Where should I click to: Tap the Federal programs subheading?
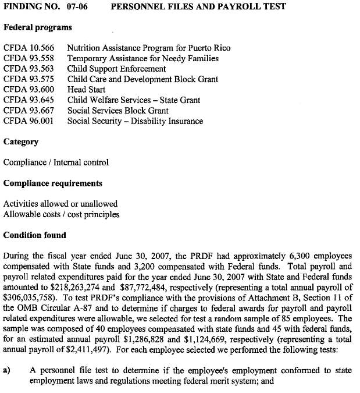click(x=38, y=27)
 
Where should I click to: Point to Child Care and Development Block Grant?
click(x=142, y=80)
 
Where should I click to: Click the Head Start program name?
click(x=86, y=90)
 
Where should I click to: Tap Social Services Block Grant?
click(x=117, y=111)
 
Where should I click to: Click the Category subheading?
click(x=21, y=141)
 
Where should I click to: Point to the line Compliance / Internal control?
click(x=56, y=162)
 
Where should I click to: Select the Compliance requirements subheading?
click(x=52, y=183)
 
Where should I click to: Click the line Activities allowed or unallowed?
click(x=60, y=204)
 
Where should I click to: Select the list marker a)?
click(x=8, y=369)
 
